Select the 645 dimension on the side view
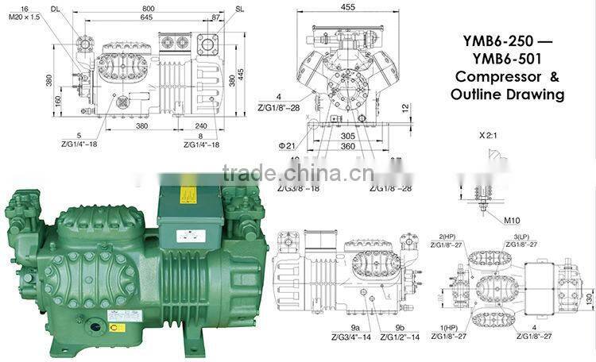coord(148,17)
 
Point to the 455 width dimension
coord(348,7)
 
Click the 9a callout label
coord(355,328)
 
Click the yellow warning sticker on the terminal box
coord(188,195)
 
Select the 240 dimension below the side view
coord(200,125)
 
